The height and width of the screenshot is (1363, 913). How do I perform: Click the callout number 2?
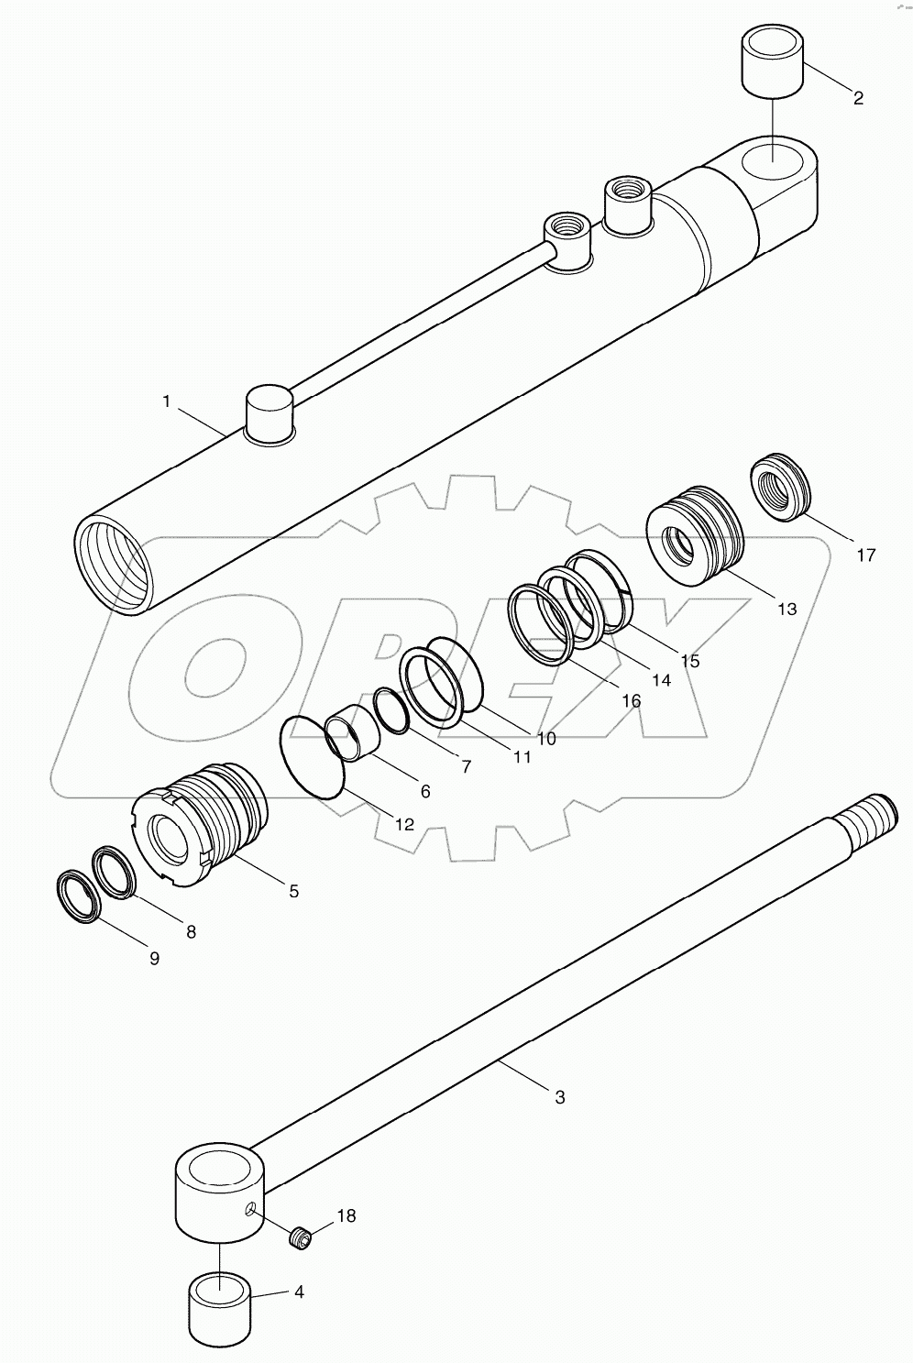[858, 98]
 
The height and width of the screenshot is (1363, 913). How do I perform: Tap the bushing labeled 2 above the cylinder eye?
[772, 61]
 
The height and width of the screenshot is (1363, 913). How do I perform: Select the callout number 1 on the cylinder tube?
[166, 401]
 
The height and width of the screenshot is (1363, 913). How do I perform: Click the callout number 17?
[865, 554]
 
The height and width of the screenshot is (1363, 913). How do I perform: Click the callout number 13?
[786, 608]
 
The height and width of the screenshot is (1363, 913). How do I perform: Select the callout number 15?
[689, 660]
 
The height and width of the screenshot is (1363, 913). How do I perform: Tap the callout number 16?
[631, 700]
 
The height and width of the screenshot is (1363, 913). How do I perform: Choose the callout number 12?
[404, 824]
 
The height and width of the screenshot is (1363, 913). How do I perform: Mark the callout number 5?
[293, 890]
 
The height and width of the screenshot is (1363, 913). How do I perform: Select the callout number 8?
[190, 931]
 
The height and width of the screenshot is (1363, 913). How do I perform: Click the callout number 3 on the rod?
[560, 1095]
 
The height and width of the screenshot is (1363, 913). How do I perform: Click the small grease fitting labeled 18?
[299, 1239]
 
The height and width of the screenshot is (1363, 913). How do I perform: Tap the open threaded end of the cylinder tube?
[112, 563]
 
